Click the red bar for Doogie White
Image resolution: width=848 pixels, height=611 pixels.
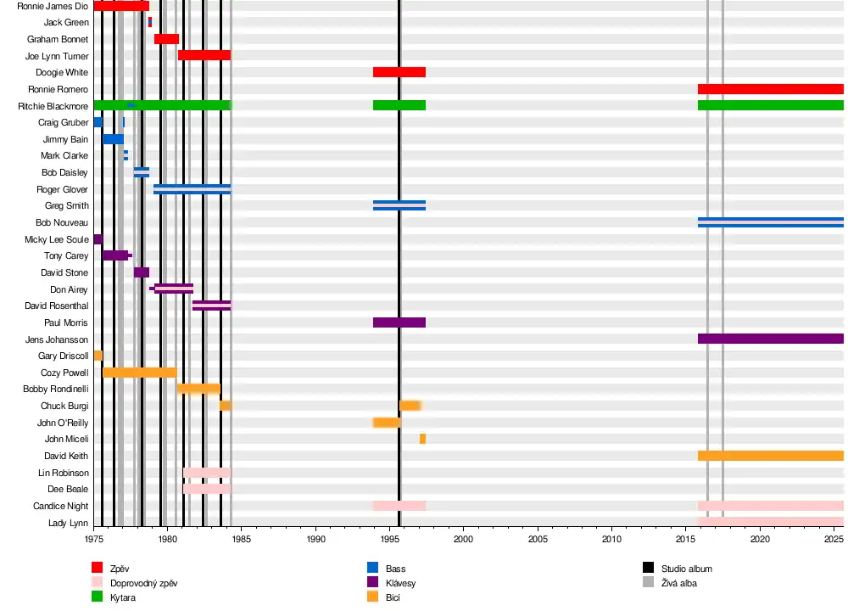399,72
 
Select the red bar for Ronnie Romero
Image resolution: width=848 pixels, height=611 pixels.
770,89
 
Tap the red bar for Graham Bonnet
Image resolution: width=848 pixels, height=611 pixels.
166,39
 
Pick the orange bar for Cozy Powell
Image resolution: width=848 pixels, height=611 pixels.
139,373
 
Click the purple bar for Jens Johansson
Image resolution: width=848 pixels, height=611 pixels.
770,339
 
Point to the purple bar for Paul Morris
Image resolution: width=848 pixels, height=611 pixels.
399,322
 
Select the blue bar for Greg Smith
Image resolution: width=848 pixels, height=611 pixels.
399,205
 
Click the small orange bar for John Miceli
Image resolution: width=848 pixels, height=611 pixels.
422,439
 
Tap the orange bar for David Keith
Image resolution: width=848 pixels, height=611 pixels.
770,456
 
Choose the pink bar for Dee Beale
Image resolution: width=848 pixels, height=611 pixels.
207,489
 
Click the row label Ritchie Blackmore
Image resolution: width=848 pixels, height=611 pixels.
53,106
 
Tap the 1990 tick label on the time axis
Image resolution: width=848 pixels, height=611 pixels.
315,539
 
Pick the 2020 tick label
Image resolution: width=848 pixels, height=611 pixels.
760,539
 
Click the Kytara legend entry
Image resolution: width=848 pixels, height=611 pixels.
123,598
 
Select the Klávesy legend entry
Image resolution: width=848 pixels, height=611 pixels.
400,583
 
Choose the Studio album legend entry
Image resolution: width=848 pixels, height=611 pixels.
686,568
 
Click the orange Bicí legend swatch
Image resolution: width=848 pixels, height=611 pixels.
372,597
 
